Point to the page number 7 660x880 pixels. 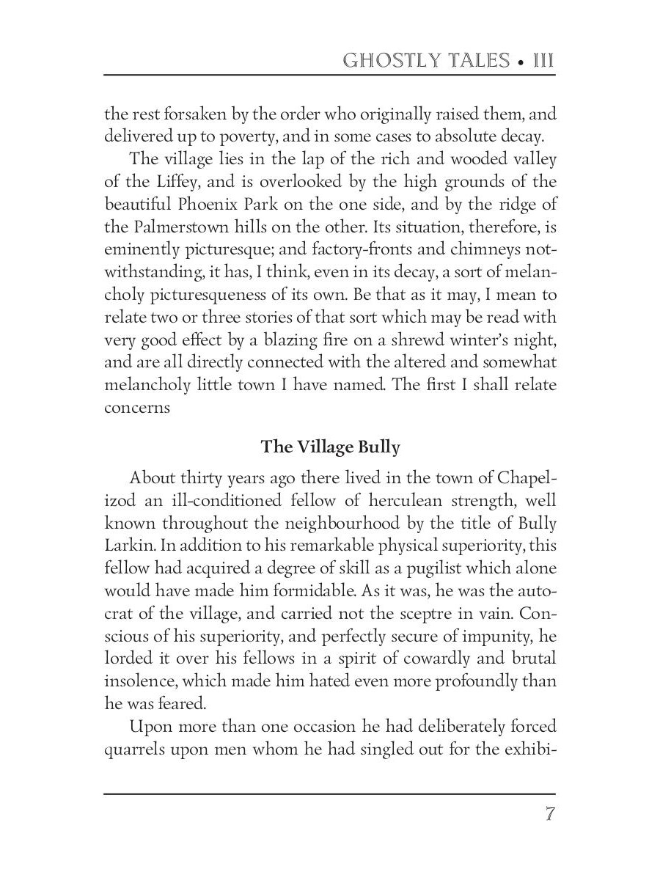(549, 815)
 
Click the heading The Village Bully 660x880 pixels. (330, 447)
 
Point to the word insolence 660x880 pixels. (139, 682)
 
